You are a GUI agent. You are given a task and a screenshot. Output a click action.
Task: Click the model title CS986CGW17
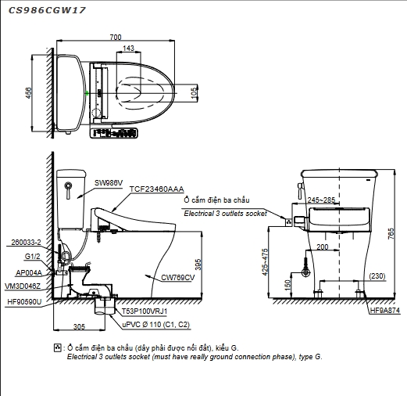(x=47, y=10)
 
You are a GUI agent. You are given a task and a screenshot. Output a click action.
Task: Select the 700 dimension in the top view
(x=116, y=38)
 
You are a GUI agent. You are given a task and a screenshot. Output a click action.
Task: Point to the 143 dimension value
(x=128, y=48)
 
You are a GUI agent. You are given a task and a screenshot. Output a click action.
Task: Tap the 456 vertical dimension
(x=29, y=93)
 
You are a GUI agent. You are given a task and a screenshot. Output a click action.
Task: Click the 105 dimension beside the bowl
(x=194, y=93)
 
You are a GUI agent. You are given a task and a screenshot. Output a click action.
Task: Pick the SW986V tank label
(x=109, y=183)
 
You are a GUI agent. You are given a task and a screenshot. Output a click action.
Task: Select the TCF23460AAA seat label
(x=157, y=189)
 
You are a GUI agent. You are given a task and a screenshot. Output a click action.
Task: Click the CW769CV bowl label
(x=178, y=278)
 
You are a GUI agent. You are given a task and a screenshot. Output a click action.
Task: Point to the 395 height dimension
(x=198, y=265)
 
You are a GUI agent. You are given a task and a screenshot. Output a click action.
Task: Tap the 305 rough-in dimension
(x=79, y=326)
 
